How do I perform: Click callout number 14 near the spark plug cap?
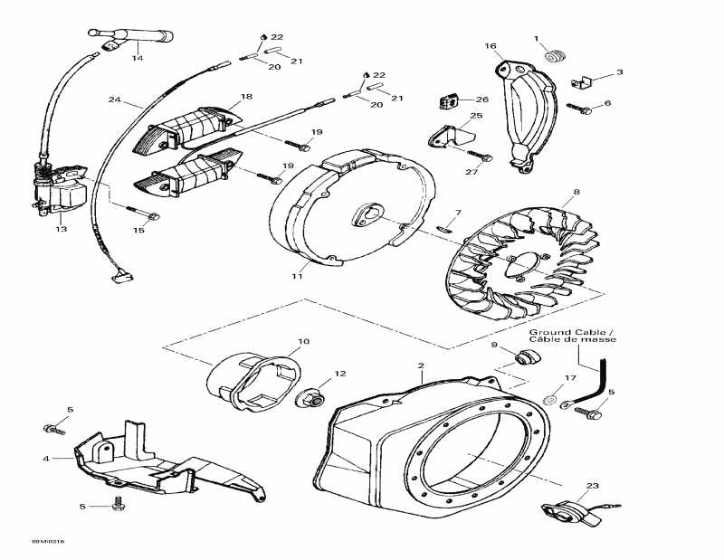[138, 58]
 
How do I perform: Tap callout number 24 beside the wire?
[114, 100]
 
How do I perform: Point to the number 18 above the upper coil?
[246, 96]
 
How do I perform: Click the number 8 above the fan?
[576, 193]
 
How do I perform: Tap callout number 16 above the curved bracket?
[491, 45]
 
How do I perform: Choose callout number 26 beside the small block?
[482, 100]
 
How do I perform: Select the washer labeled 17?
[551, 400]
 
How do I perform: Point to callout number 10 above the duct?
[303, 341]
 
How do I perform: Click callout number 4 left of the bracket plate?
[45, 459]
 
